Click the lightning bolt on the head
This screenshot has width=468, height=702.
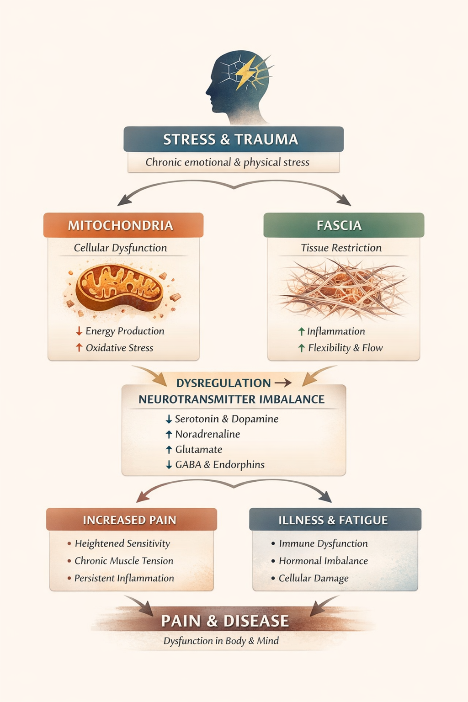[x=247, y=72]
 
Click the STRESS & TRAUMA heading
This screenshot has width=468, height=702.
[x=231, y=139]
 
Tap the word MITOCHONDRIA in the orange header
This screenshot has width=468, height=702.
[x=121, y=225]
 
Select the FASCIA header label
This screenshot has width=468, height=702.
[x=339, y=225]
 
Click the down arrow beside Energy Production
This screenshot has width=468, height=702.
[x=79, y=331]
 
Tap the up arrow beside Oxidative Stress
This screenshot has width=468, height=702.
[x=79, y=348]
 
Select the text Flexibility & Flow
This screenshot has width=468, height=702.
[x=345, y=348]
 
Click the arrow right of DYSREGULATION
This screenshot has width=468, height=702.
[x=283, y=383]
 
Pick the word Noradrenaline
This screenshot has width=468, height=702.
[x=207, y=434]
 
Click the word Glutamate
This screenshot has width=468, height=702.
[x=199, y=449]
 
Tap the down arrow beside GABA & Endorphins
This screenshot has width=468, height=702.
[x=169, y=465]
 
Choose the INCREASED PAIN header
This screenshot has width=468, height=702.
[x=129, y=520]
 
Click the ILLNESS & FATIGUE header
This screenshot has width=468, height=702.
[x=333, y=520]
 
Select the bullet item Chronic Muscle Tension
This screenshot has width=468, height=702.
[x=124, y=561]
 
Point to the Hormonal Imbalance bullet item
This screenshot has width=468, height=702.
[x=323, y=561]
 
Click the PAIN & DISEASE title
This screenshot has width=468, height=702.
[x=225, y=621]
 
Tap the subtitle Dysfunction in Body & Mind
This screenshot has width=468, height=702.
[x=221, y=641]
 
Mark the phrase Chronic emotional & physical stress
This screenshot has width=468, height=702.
[x=227, y=162]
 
